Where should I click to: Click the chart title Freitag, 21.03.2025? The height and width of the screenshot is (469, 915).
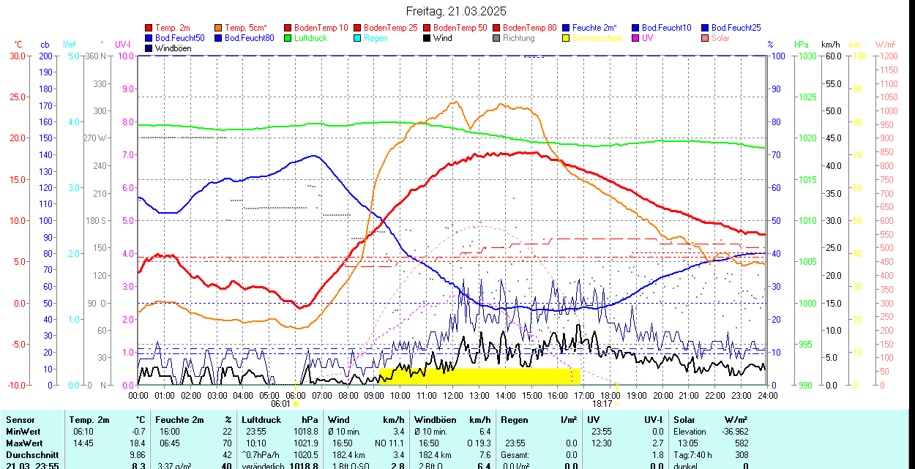point(456,11)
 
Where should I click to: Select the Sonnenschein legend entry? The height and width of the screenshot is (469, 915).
point(597,38)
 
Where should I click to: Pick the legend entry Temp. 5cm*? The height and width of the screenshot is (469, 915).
point(246,28)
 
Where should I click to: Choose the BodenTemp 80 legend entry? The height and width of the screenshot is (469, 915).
point(529,28)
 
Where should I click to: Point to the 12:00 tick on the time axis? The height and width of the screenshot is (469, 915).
point(453,395)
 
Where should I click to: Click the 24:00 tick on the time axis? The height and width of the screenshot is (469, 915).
point(767,395)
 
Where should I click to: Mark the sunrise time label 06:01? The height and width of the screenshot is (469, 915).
point(280,403)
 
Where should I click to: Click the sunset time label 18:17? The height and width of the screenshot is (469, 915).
point(602,403)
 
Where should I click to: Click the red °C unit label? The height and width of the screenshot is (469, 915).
point(18,45)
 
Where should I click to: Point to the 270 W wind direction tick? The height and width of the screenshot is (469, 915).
point(97,138)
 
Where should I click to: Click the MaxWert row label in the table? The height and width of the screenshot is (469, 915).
point(24,443)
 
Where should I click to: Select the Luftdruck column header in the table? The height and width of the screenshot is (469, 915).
point(261,420)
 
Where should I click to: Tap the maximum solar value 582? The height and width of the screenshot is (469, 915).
point(741,443)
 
